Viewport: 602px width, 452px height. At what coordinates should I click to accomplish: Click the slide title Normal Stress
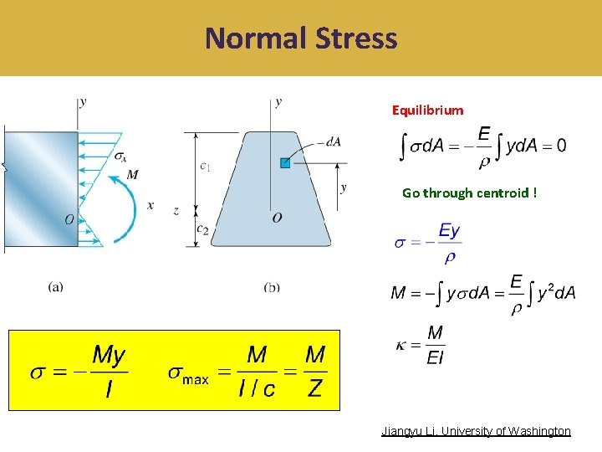301,39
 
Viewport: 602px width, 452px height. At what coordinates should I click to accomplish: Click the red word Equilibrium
428,110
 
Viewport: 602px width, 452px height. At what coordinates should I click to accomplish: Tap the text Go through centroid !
469,193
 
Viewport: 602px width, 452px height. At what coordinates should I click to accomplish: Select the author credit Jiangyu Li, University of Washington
476,431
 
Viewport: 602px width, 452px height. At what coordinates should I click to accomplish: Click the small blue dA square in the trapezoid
285,163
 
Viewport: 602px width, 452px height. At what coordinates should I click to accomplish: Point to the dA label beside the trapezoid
334,142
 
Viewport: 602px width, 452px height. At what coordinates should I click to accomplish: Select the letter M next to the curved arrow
132,175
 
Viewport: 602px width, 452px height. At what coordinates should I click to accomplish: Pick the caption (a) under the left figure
55,287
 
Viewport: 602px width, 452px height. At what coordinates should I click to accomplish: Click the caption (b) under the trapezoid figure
272,287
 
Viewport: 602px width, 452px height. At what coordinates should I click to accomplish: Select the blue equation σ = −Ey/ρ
427,243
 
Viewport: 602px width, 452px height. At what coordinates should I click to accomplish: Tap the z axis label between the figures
176,211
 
